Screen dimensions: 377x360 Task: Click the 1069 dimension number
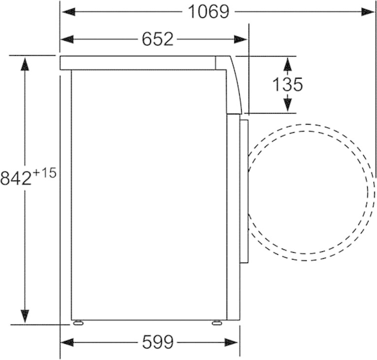coord(209,12)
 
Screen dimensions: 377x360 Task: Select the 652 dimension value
coord(157,39)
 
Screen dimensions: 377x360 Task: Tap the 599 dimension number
coord(157,342)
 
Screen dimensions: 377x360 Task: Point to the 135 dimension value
coord(287,85)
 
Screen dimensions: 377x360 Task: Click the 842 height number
coord(16,178)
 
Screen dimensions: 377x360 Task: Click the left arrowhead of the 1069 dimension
coord(68,12)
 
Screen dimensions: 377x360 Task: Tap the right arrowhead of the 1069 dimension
coord(368,12)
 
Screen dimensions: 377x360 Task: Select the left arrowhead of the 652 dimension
coord(67,39)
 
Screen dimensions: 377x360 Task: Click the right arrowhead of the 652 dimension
coord(241,39)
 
